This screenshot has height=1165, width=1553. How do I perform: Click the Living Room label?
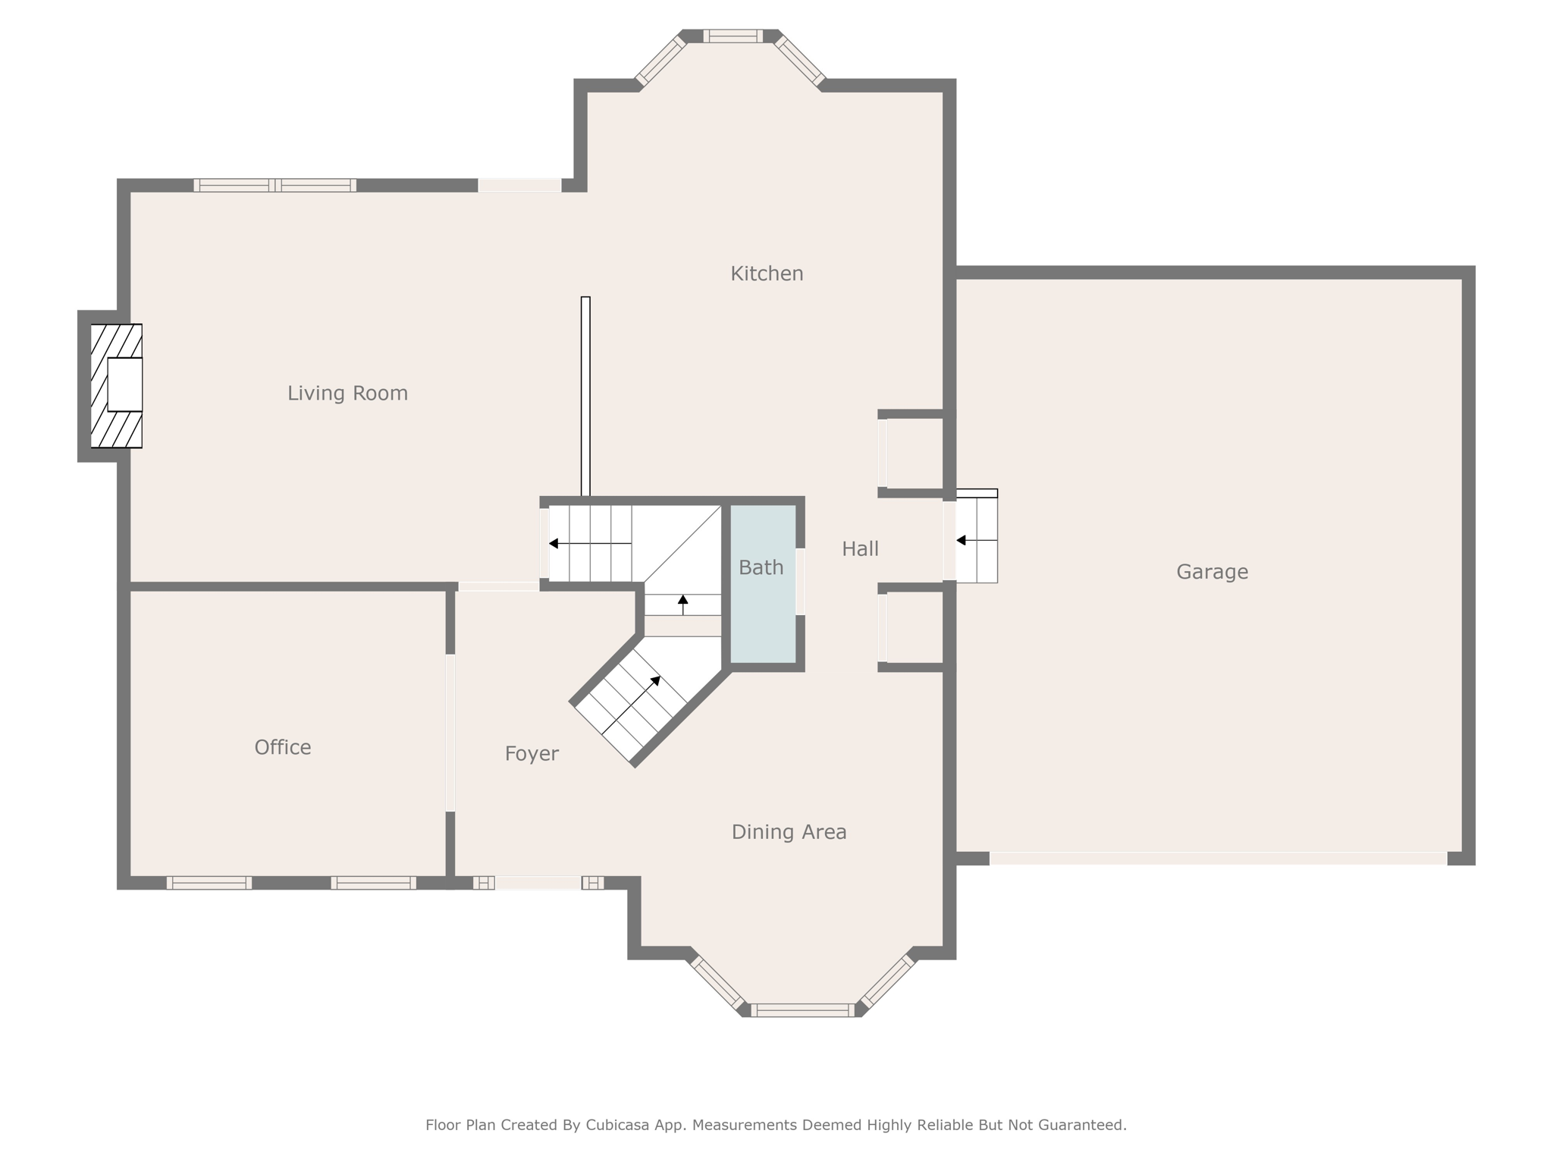(347, 393)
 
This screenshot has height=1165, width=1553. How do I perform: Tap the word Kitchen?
(767, 273)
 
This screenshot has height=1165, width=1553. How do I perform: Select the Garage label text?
(1212, 572)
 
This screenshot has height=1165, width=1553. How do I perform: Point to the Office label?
(283, 747)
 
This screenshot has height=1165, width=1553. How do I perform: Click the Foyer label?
(532, 754)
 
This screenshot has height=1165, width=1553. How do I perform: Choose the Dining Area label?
(789, 832)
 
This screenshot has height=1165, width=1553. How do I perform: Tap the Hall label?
(860, 548)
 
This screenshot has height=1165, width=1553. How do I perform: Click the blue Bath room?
(763, 584)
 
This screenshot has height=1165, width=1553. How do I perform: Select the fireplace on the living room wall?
(117, 386)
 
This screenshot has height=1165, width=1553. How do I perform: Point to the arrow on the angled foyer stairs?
(631, 705)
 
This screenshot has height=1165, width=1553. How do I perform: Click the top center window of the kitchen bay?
(733, 36)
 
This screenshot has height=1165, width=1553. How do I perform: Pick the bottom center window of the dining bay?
(803, 1010)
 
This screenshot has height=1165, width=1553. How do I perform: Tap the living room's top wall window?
(275, 185)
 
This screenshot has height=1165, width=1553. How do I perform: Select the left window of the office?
(209, 883)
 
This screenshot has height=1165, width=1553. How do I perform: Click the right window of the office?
(373, 883)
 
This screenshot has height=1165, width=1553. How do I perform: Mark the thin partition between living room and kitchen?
(585, 396)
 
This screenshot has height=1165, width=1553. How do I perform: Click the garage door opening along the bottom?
(1219, 859)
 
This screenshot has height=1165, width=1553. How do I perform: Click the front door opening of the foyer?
(538, 883)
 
